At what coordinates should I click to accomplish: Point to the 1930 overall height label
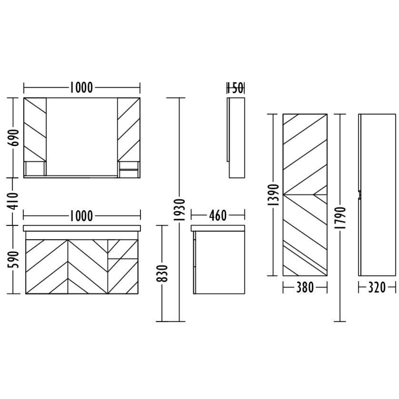[179, 209]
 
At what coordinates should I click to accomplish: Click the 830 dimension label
[162, 273]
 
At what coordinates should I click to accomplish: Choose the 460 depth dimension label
[218, 216]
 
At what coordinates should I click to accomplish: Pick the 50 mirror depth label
[237, 88]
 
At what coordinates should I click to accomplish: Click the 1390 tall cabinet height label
[274, 195]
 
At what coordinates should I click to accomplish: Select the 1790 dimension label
[340, 217]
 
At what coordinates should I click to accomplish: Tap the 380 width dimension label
[305, 288]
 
